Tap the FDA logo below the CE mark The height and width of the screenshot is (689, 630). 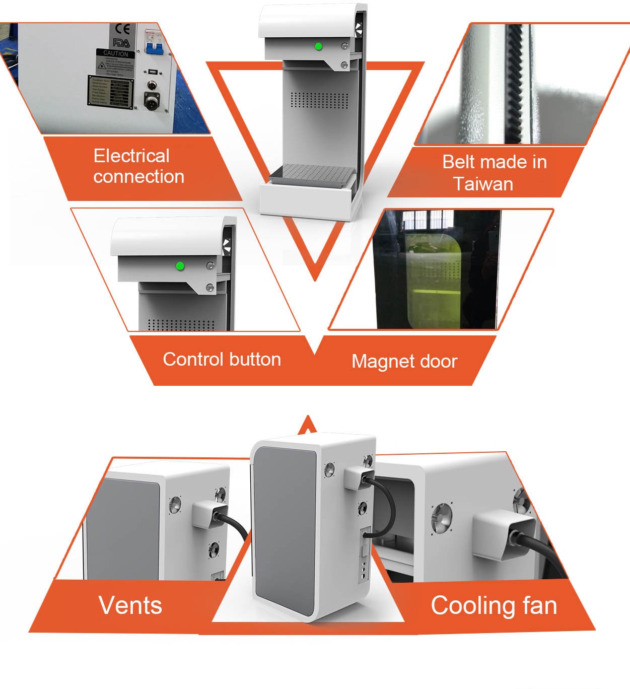pos(121,43)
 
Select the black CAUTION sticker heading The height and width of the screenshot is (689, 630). pos(116,53)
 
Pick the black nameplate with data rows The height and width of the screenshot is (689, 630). pos(111,91)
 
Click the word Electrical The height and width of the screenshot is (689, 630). pos(131,156)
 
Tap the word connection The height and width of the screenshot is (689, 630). pos(138,176)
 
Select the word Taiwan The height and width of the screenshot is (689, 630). pos(482,184)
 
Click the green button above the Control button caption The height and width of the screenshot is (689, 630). pos(179,266)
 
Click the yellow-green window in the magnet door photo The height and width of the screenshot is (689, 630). pos(433,274)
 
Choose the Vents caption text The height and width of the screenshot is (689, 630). pos(130,605)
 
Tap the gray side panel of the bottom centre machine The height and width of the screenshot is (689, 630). pos(285,529)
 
